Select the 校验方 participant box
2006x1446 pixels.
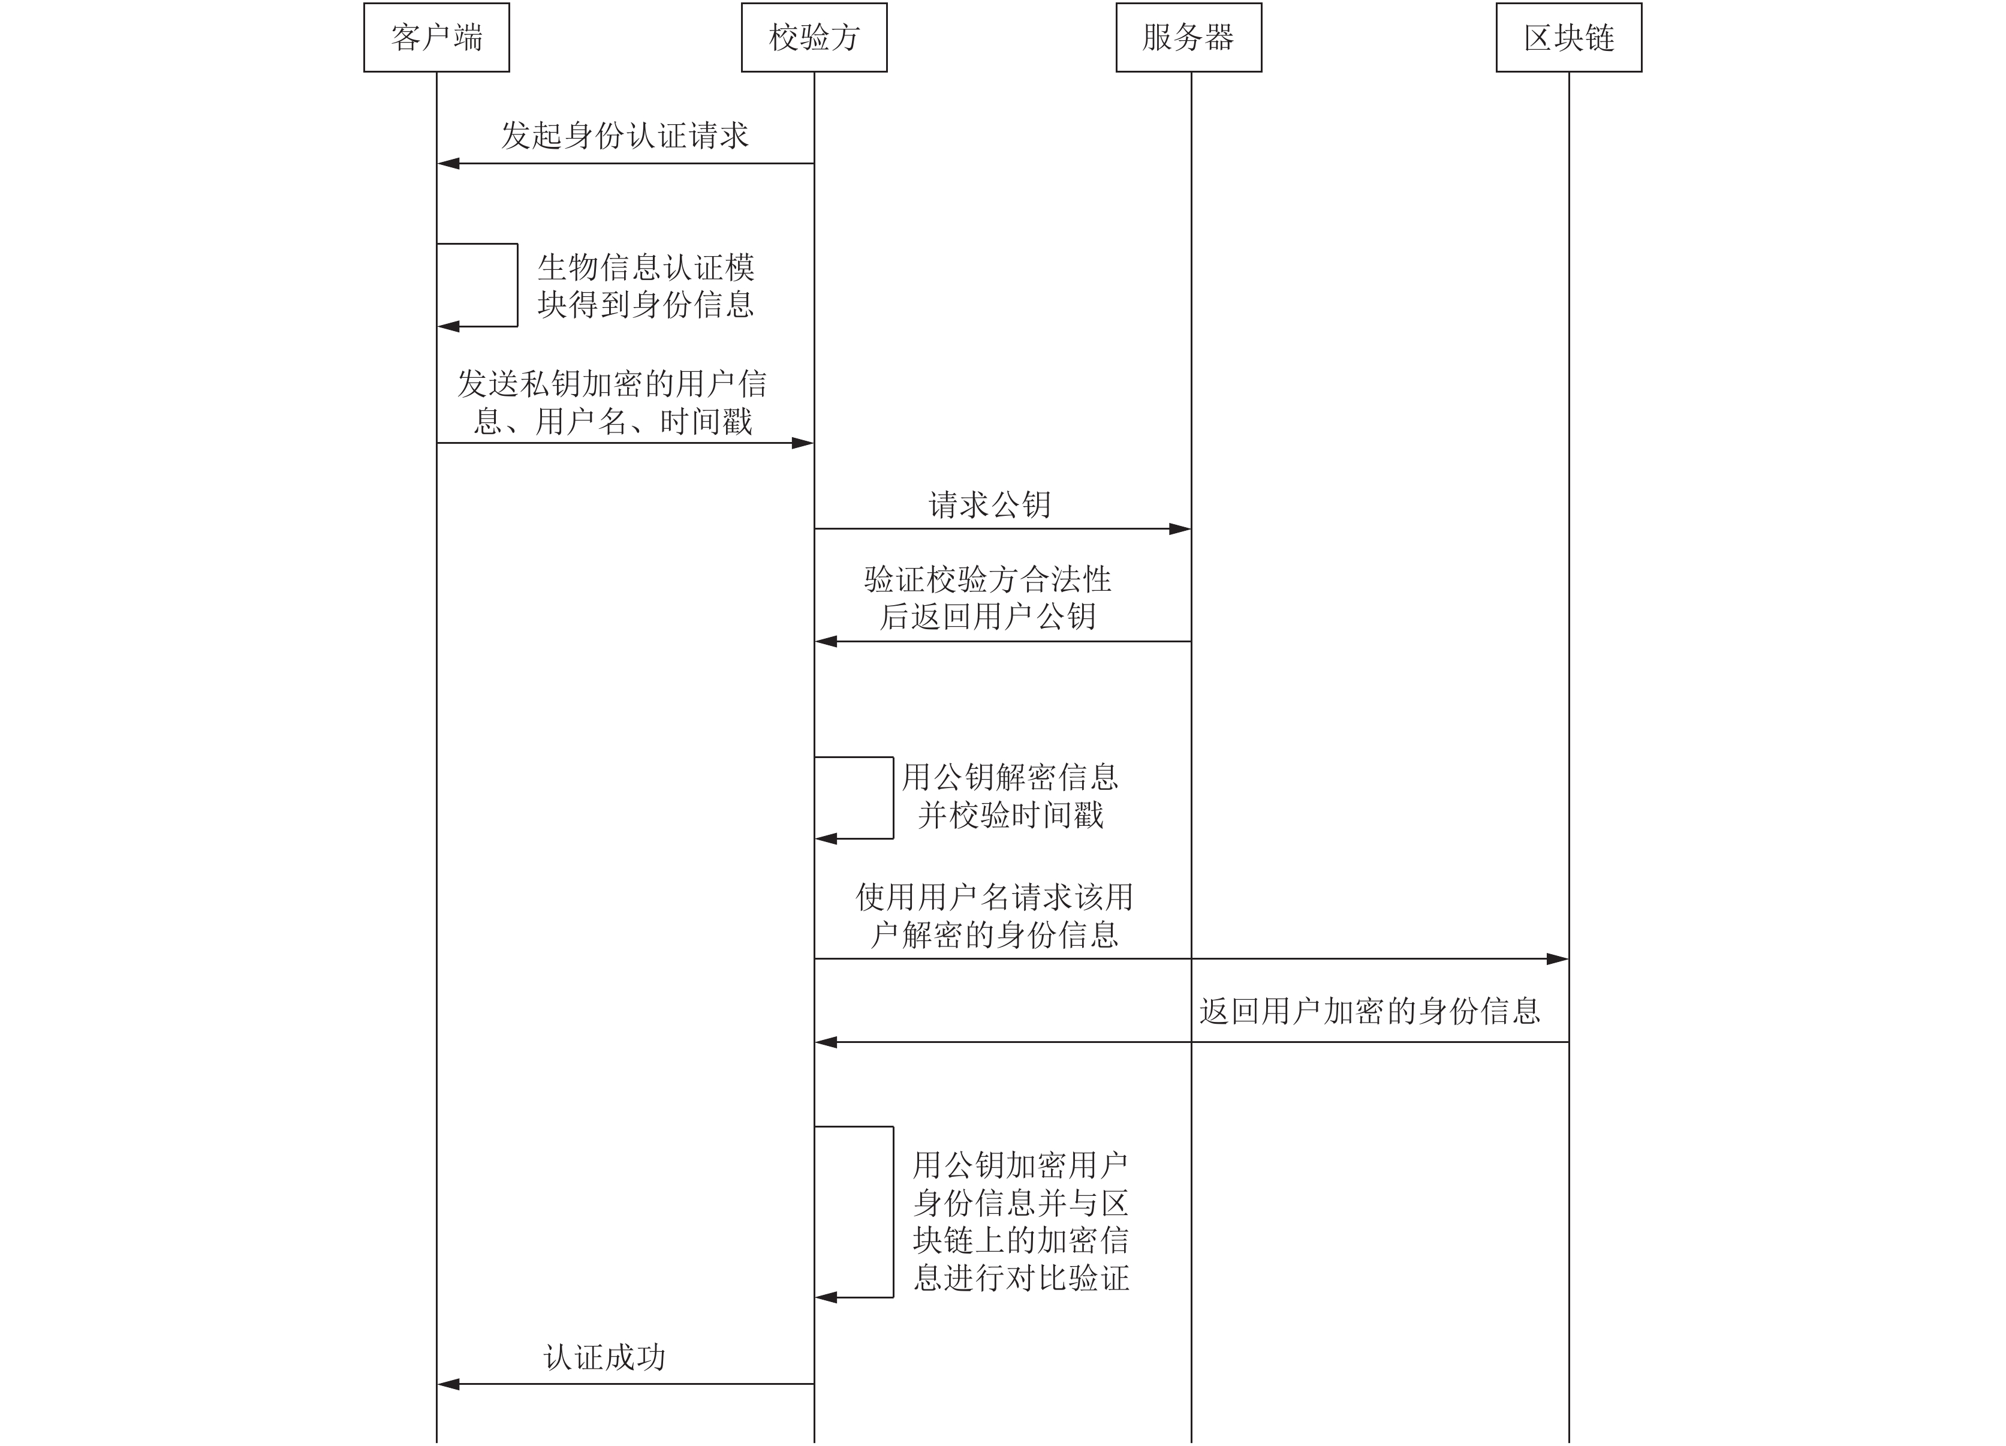pyautogui.click(x=814, y=37)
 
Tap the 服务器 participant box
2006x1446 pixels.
pyautogui.click(x=1189, y=37)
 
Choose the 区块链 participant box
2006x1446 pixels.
pyautogui.click(x=1569, y=37)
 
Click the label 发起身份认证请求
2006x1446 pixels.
pyautogui.click(x=625, y=136)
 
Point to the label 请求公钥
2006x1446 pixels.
pyautogui.click(x=990, y=504)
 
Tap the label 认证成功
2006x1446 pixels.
pyautogui.click(x=605, y=1357)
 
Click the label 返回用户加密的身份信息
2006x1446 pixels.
pyautogui.click(x=1370, y=1011)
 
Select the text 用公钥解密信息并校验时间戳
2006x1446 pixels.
pyautogui.click(x=1010, y=795)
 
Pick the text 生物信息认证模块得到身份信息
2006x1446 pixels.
pyautogui.click(x=646, y=285)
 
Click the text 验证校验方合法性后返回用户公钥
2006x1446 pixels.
pyautogui.click(x=988, y=597)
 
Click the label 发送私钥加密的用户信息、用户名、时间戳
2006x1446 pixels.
pyautogui.click(x=612, y=402)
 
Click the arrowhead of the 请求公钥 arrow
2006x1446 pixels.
pyautogui.click(x=1180, y=529)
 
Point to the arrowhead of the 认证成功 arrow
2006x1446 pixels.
pyautogui.click(x=448, y=1384)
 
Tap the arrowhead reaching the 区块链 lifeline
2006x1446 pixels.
pyautogui.click(x=1558, y=958)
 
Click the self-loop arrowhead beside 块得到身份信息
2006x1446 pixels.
pyautogui.click(x=448, y=326)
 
